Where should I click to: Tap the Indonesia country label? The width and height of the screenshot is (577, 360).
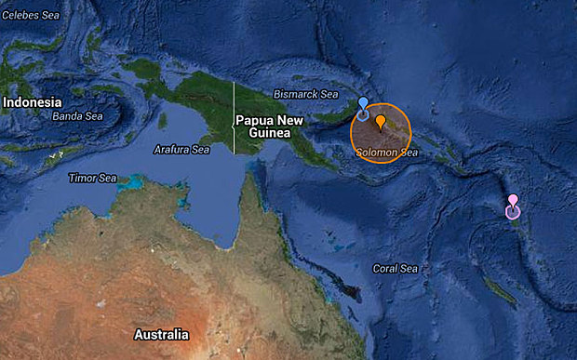[32, 101]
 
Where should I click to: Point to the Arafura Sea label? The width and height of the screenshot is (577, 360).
[181, 149]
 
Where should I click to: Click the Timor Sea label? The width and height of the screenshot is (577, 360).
[92, 178]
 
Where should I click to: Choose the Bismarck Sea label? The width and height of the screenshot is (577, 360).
[305, 94]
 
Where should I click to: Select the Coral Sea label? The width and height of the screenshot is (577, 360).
[395, 269]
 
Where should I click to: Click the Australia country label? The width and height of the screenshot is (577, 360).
[161, 334]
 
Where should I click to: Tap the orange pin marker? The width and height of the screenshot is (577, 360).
[380, 123]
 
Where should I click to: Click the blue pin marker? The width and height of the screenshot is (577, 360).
[363, 106]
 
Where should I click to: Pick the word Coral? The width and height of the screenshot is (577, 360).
[385, 269]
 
